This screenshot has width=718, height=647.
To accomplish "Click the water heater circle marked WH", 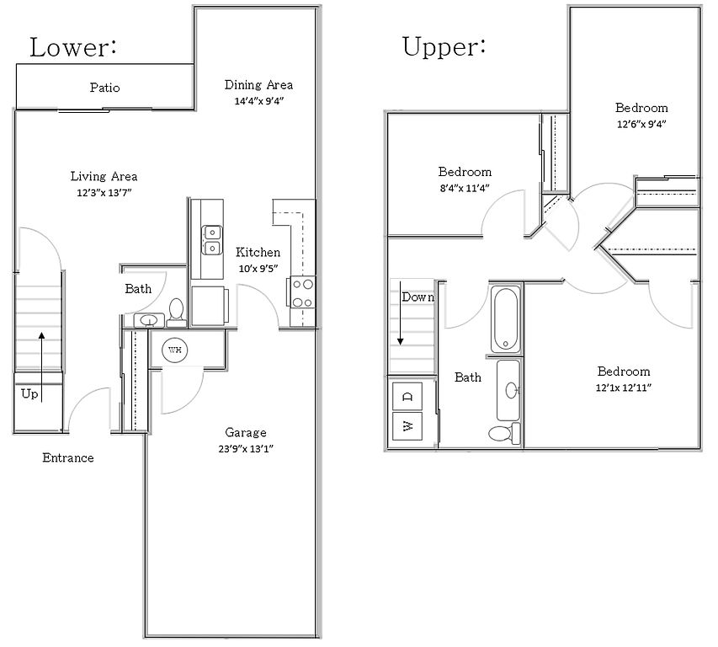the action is point(175,350).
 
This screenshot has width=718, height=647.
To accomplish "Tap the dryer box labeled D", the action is point(407,396).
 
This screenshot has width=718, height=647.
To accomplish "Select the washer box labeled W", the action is point(407,426).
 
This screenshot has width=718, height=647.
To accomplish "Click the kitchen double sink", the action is point(212,240).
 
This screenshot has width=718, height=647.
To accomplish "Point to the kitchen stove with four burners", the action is point(301,292).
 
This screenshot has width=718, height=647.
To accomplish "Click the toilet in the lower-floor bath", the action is point(176,312).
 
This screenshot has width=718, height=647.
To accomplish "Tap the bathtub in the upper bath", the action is point(506,318).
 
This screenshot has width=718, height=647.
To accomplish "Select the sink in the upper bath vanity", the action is point(513,390).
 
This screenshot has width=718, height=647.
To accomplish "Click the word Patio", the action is point(105,88).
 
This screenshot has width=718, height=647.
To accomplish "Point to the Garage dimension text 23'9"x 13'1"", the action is point(246,448).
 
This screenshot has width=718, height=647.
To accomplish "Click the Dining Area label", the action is point(258,85).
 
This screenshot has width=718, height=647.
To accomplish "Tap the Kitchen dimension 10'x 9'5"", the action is point(258,269).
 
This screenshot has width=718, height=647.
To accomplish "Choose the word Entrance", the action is point(68,457).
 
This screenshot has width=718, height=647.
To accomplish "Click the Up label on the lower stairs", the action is point(29,394).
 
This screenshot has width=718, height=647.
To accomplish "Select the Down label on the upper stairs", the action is point(418,297).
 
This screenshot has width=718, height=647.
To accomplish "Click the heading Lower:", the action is point(73,48).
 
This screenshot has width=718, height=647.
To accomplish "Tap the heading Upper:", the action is point(444,46).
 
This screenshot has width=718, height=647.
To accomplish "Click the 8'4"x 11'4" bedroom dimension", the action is point(465,188).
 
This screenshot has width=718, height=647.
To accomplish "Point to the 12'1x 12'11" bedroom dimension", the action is point(624,388).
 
